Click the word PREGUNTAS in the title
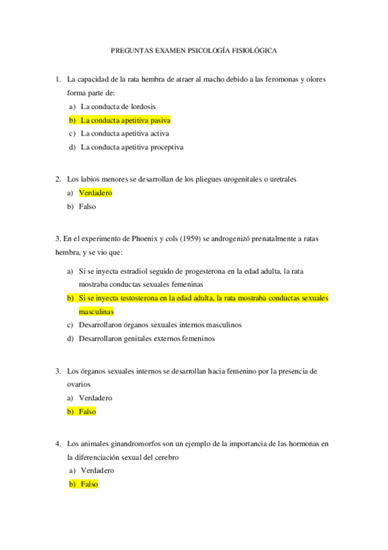click(132, 49)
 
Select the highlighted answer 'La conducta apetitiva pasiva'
click(125, 120)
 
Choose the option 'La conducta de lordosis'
click(118, 106)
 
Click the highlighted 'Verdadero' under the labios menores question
click(96, 193)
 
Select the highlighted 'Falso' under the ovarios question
click(87, 411)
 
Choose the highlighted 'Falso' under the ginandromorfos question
click(89, 484)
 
